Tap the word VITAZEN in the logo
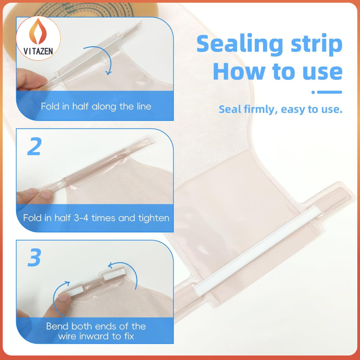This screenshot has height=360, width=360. (x=38, y=51)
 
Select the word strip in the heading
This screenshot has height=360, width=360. (x=317, y=45)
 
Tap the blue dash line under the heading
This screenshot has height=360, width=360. (x=327, y=92)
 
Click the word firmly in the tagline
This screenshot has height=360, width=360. (x=259, y=109)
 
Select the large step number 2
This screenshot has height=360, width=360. (x=35, y=146)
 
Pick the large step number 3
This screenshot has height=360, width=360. (x=35, y=257)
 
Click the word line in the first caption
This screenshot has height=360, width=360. (x=144, y=106)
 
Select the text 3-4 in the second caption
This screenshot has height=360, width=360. (x=81, y=218)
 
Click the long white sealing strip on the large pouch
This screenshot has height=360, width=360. (x=256, y=250)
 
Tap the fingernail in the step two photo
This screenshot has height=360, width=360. (x=47, y=194)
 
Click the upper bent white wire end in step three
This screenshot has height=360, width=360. (x=114, y=274)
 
